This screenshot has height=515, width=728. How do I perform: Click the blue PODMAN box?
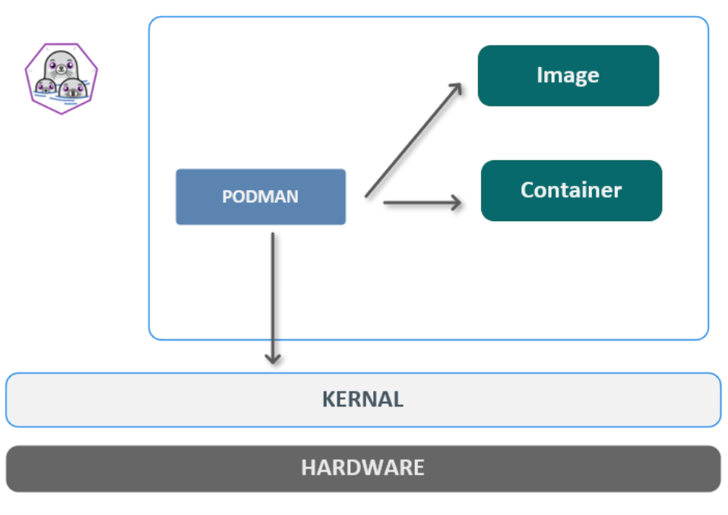(x=261, y=197)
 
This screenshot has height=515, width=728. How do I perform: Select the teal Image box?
(x=568, y=75)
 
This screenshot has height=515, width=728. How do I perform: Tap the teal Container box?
(x=571, y=190)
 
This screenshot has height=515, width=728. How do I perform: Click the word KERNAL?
(x=362, y=400)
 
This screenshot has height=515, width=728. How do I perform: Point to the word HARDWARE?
(x=362, y=467)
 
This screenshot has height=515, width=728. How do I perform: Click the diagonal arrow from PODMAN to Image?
(x=413, y=141)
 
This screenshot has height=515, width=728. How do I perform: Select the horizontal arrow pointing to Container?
(x=422, y=202)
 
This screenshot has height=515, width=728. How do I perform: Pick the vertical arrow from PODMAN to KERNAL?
(x=273, y=296)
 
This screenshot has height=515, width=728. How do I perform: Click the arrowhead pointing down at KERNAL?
(x=273, y=358)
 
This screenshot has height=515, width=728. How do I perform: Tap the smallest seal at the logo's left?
(x=46, y=87)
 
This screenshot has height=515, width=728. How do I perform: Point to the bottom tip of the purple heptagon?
(x=61, y=113)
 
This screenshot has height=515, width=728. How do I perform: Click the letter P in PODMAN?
(x=226, y=197)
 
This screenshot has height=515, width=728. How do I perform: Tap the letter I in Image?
(x=540, y=75)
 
